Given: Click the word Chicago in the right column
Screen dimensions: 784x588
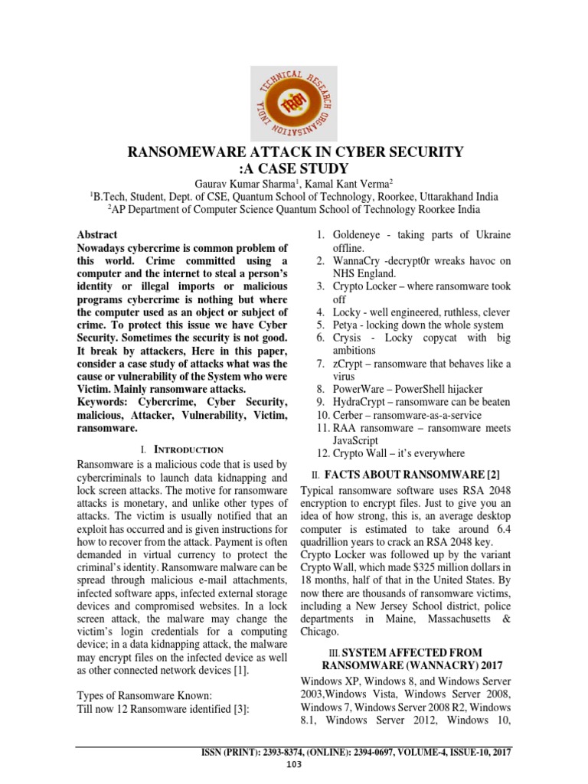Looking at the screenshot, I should [x=319, y=632].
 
